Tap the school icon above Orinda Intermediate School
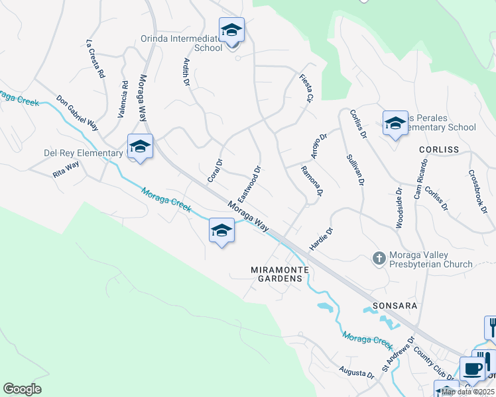pyautogui.click(x=231, y=30)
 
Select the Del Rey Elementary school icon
pyautogui.click(x=140, y=147)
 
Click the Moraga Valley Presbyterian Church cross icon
pyautogui.click(x=379, y=257)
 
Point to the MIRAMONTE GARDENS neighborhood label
pyautogui.click(x=278, y=274)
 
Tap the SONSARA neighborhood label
pyautogui.click(x=384, y=307)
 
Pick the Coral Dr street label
pyautogui.click(x=214, y=170)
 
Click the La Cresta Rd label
pyautogui.click(x=96, y=60)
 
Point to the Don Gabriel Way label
pyautogui.click(x=77, y=113)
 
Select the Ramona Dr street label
pyautogui.click(x=312, y=181)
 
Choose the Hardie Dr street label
pyautogui.click(x=321, y=240)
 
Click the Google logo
pyautogui.click(x=22, y=389)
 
